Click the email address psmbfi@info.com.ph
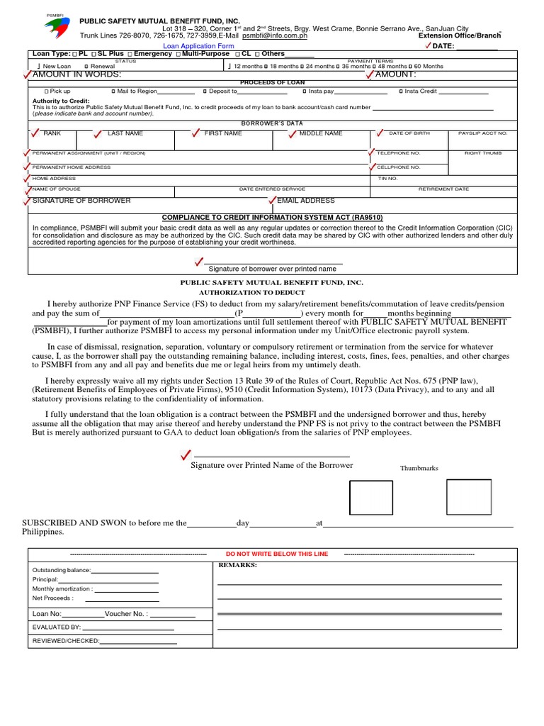pyautogui.click(x=275, y=35)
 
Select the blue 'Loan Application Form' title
pyautogui.click(x=198, y=45)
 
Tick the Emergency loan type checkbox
pyautogui.click(x=130, y=54)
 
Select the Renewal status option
pyautogui.click(x=86, y=66)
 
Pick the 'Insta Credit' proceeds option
pyautogui.click(x=401, y=91)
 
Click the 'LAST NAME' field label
pyautogui.click(x=125, y=133)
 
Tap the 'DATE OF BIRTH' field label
pyautogui.click(x=409, y=133)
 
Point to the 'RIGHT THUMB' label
pyautogui.click(x=482, y=153)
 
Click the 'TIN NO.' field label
pyautogui.click(x=387, y=179)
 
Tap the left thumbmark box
pyautogui.click(x=370, y=498)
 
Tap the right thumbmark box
pyautogui.click(x=468, y=497)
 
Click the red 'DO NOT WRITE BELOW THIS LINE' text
pyautogui.click(x=276, y=554)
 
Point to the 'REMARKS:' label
pyautogui.click(x=237, y=565)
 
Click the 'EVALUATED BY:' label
pyautogui.click(x=57, y=627)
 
